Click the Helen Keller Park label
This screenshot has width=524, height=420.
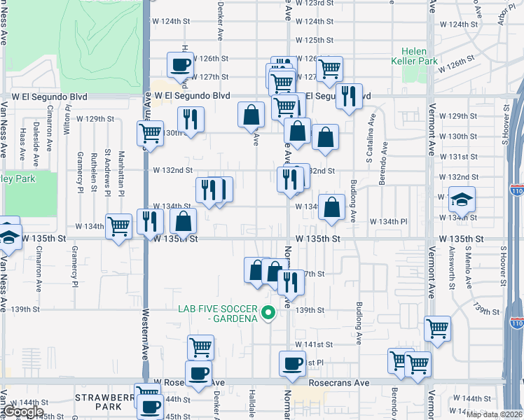419,57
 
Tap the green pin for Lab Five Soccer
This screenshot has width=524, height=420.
267,312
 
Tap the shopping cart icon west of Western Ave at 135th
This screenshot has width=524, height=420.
119,226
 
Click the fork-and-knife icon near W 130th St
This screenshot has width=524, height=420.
191,118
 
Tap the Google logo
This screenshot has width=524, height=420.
23,412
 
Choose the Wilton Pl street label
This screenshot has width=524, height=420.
67,119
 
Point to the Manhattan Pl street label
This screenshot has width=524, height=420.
122,172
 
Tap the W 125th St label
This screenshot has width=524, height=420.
313,41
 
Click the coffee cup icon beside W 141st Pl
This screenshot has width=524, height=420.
292,363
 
